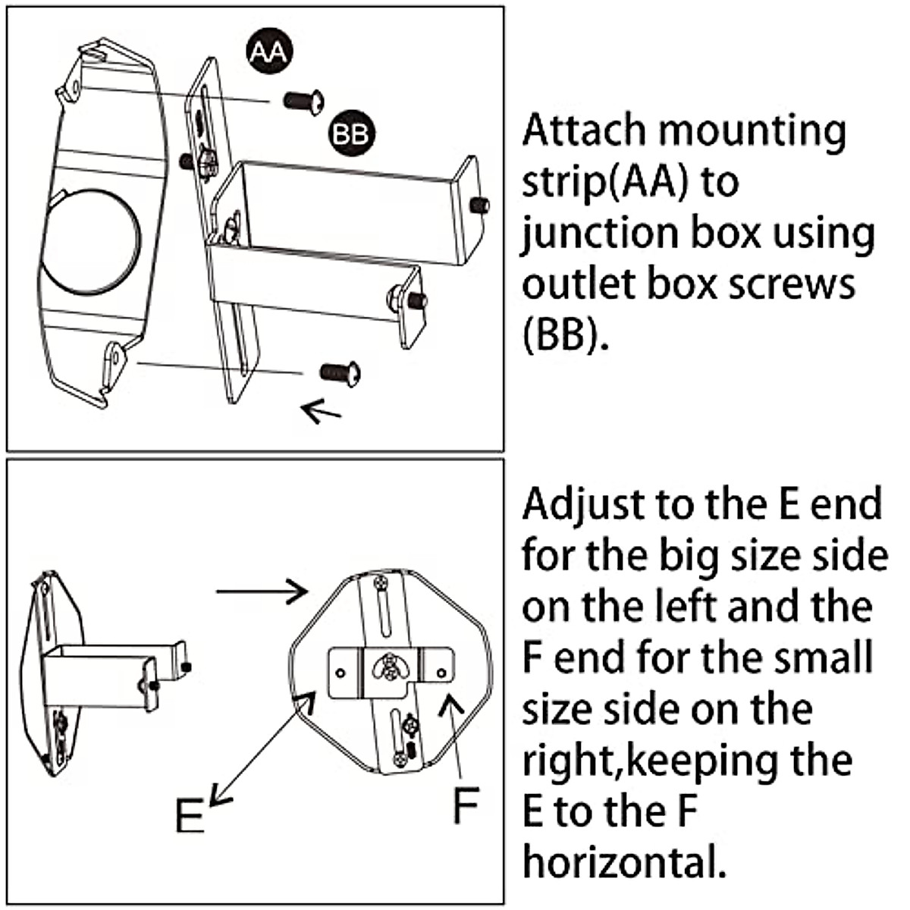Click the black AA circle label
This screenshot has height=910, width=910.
tap(268, 52)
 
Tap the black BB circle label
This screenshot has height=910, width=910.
tap(351, 134)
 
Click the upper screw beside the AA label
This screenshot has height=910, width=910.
tap(304, 100)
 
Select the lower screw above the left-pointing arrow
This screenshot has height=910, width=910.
tap(340, 372)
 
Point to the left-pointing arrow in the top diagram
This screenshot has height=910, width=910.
tap(320, 413)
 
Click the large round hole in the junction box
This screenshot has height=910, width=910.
tap(91, 240)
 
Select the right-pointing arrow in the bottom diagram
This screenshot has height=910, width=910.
tap(262, 591)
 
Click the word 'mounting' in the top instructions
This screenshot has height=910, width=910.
tap(751, 130)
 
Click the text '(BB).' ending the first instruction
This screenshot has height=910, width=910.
tap(566, 334)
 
